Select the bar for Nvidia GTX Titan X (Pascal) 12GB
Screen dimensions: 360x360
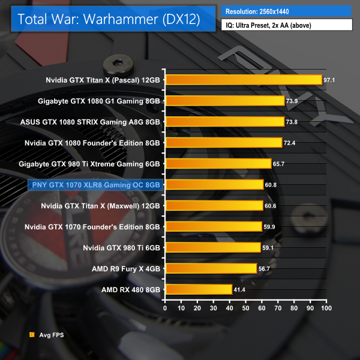pos(244,80)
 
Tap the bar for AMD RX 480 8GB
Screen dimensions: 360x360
pos(199,289)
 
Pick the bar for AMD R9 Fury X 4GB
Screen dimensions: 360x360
pos(211,268)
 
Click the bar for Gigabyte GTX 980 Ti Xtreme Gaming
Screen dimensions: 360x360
pos(218,164)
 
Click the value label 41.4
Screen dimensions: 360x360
pos(241,290)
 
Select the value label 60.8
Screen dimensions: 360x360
pos(272,185)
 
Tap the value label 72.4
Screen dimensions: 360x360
pos(290,143)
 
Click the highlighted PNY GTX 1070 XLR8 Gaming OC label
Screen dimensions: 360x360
pos(94,185)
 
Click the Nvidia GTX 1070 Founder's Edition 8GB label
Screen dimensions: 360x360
pos(92,226)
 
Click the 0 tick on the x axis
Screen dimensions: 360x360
pos(166,308)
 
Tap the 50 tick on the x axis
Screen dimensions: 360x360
pos(245,308)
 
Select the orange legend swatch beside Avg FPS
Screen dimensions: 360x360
pos(31,335)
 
